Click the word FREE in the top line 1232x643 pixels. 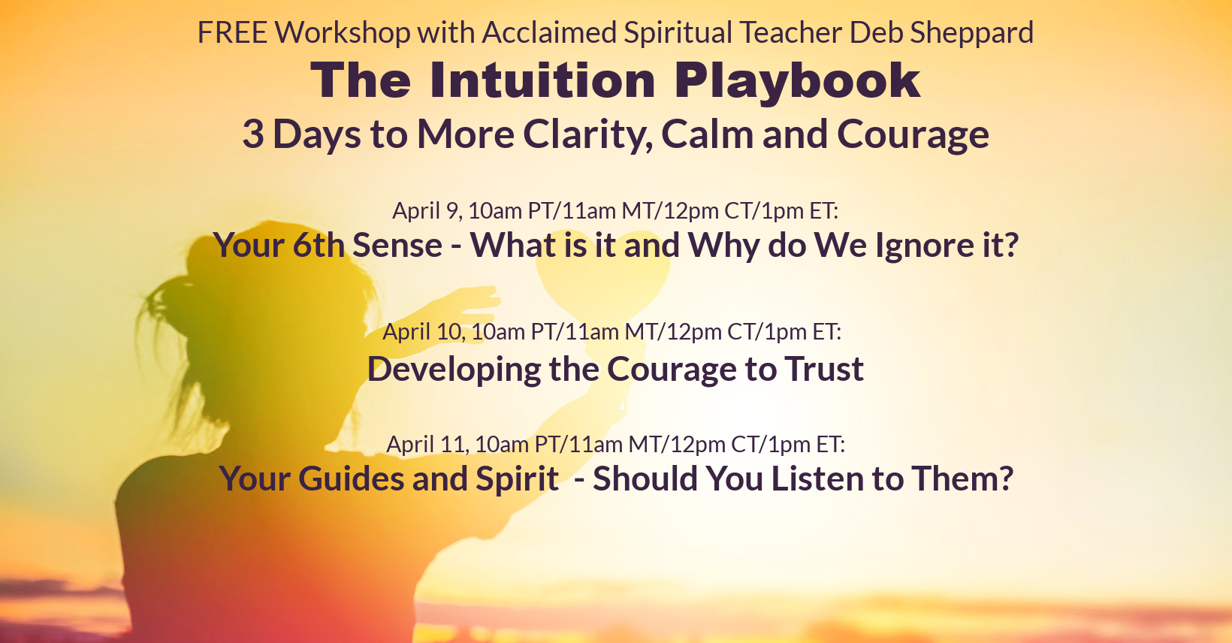pos(232,32)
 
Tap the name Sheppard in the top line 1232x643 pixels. pos(971,34)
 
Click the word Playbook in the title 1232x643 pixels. pos(797,83)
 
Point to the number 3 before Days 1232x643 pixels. pos(253,134)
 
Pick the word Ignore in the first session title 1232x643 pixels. pos(925,247)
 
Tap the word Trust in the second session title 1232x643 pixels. pos(824,369)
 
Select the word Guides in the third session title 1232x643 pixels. pos(350,479)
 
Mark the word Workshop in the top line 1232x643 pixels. pos(343,34)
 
